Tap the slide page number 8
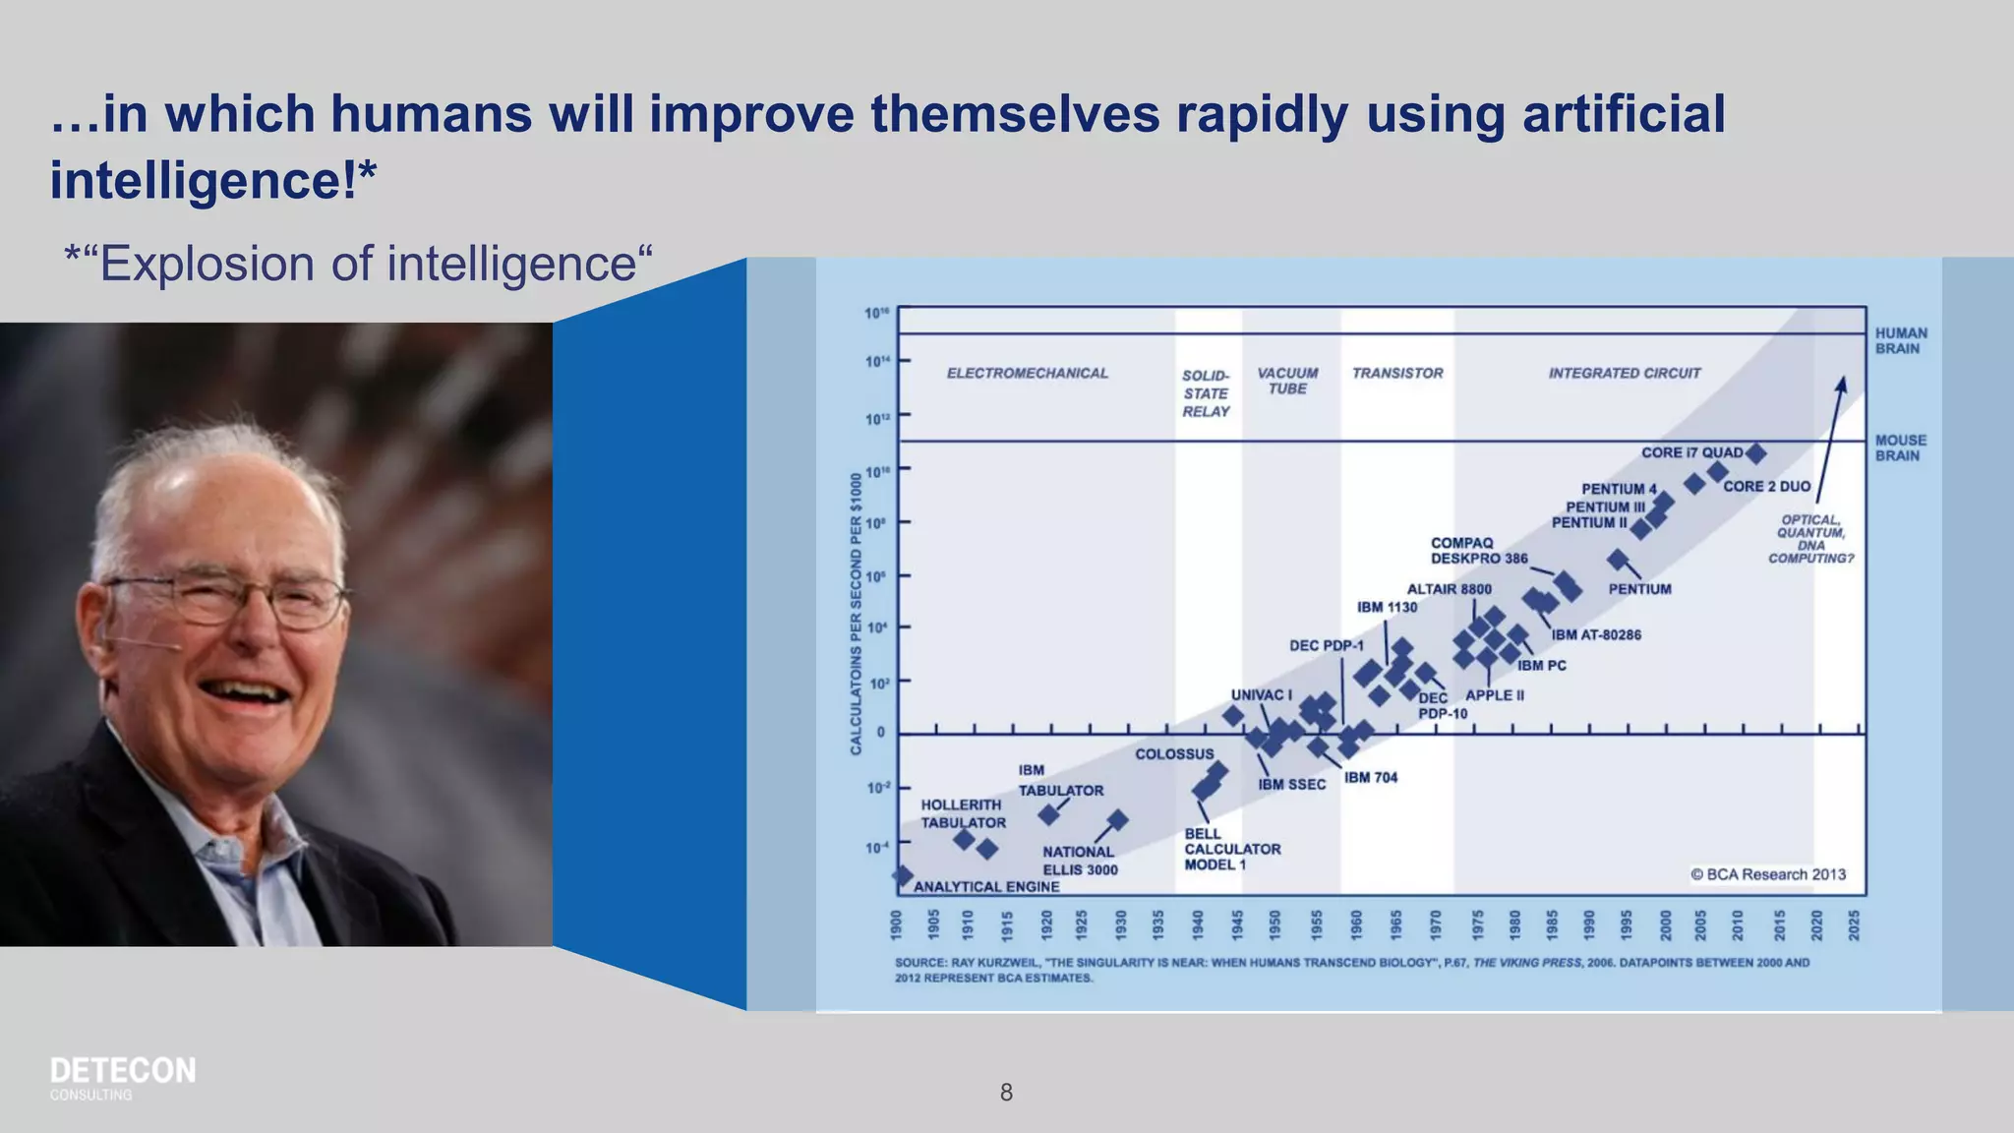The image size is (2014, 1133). (1006, 1092)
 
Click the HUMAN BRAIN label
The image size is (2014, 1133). (1900, 340)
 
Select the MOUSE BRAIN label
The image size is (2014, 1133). (1900, 447)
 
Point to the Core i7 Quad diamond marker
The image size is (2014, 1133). (1755, 453)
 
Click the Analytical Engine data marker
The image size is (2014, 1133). (903, 874)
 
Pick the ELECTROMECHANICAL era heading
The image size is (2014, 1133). (1027, 373)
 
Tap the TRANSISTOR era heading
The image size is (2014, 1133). (1396, 373)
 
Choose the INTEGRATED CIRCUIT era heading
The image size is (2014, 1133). (1624, 373)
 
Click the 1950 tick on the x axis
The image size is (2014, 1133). (1274, 924)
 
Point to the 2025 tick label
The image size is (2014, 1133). (1854, 924)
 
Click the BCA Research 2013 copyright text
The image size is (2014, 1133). (1767, 874)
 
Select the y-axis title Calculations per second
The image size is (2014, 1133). (856, 614)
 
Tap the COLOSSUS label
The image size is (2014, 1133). (1174, 754)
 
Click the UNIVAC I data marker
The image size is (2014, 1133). (1233, 715)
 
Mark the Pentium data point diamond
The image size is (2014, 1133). (1617, 560)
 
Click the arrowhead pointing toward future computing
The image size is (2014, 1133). (1842, 384)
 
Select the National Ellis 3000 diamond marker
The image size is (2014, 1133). (1118, 819)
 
